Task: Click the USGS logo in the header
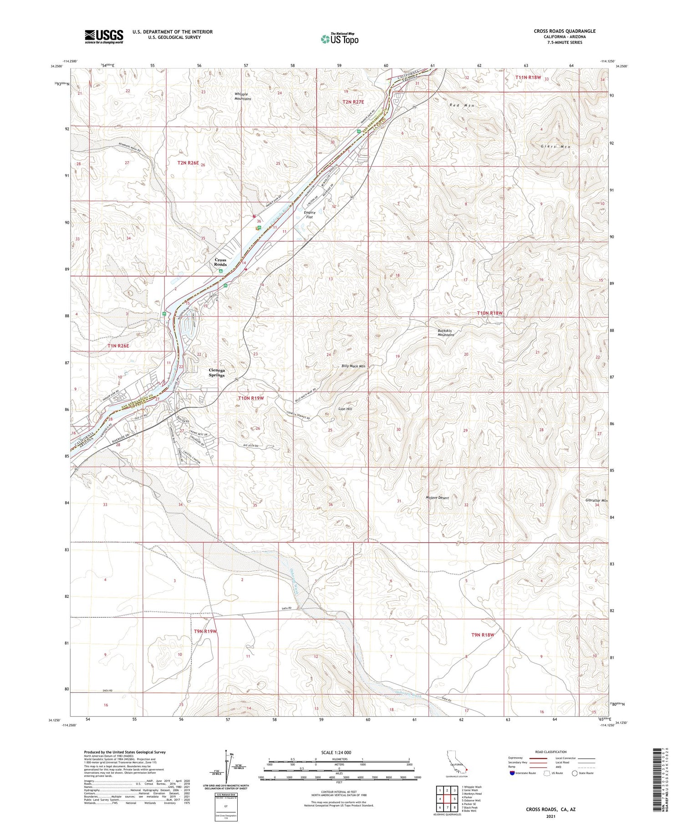click(104, 36)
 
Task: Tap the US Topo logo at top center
click(340, 39)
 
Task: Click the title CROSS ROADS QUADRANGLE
click(565, 31)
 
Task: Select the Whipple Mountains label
click(243, 96)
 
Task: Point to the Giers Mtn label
click(555, 147)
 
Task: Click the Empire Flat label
click(310, 215)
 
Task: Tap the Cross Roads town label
click(220, 262)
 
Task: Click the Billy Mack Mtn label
click(354, 366)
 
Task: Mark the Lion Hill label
click(345, 409)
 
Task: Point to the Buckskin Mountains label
click(446, 332)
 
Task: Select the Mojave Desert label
click(438, 498)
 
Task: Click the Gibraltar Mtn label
click(596, 500)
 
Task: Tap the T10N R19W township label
click(251, 398)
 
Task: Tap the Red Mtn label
click(462, 105)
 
